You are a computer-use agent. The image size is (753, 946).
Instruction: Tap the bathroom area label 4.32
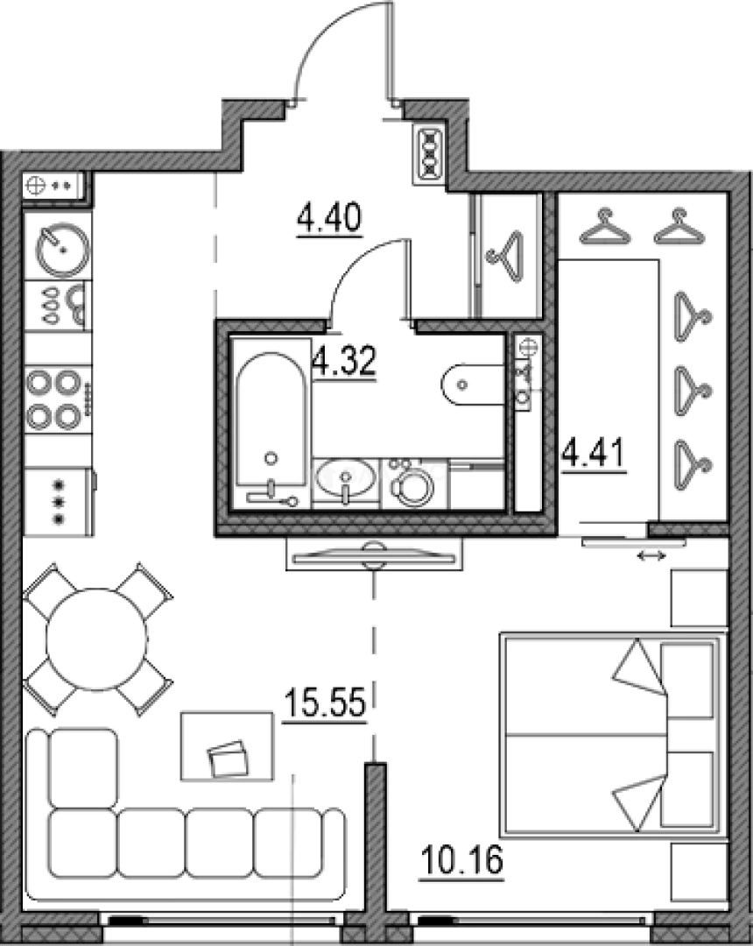(344, 362)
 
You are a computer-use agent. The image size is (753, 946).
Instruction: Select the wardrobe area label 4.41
(595, 455)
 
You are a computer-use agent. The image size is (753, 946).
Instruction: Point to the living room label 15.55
(325, 703)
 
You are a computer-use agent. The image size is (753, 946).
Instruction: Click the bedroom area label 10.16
(461, 860)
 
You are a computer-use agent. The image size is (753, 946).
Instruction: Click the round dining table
(96, 639)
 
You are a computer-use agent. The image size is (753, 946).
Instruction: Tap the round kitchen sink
(63, 249)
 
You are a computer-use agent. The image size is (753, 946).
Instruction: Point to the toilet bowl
(472, 385)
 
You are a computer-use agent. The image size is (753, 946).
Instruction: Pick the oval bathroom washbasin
(344, 477)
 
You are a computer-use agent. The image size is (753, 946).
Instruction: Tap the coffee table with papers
(228, 746)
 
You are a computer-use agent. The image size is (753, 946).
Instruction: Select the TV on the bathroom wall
(374, 554)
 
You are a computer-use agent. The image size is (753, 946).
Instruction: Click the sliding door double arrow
(652, 555)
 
